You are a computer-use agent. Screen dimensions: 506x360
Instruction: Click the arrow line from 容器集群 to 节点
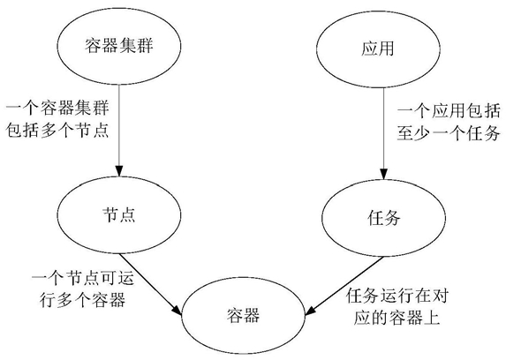click(x=119, y=131)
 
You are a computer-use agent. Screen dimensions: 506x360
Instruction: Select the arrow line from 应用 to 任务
click(x=384, y=133)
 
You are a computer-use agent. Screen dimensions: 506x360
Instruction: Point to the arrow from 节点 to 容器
click(x=150, y=284)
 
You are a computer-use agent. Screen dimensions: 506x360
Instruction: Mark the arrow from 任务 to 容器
click(x=344, y=286)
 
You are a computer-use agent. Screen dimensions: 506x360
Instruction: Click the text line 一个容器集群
click(x=57, y=108)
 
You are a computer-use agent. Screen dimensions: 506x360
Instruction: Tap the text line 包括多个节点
click(x=57, y=130)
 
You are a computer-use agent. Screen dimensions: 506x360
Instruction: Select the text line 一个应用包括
click(x=449, y=111)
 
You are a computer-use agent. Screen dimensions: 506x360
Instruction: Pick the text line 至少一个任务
click(x=449, y=133)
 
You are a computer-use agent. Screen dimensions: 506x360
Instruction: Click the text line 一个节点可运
click(x=83, y=278)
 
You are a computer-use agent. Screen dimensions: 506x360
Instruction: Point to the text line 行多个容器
click(x=83, y=300)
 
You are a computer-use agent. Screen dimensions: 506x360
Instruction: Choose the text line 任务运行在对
click(x=397, y=296)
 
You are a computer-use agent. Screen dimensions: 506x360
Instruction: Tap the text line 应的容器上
click(x=396, y=318)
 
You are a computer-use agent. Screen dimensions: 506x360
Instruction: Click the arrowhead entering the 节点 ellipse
click(x=119, y=171)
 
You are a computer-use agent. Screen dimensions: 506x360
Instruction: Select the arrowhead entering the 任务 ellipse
click(x=384, y=174)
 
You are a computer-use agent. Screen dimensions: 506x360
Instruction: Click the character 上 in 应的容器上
click(x=432, y=318)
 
